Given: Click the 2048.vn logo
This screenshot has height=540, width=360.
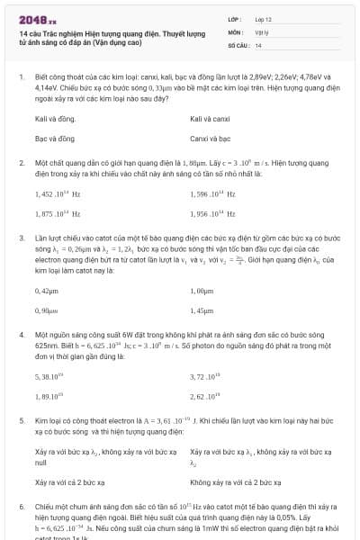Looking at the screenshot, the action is click(x=32, y=19).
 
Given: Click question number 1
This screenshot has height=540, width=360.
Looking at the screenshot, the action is click(x=22, y=77).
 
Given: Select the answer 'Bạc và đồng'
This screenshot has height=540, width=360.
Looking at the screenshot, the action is click(x=54, y=139).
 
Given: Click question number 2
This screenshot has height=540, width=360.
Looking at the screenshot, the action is click(x=22, y=163).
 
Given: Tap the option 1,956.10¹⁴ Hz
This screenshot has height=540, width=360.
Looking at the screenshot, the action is click(x=212, y=214).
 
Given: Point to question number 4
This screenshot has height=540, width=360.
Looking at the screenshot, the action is click(x=22, y=333).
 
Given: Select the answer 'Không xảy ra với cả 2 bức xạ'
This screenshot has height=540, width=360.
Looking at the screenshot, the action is click(x=237, y=481).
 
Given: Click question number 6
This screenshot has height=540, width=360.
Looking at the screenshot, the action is click(x=22, y=507).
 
